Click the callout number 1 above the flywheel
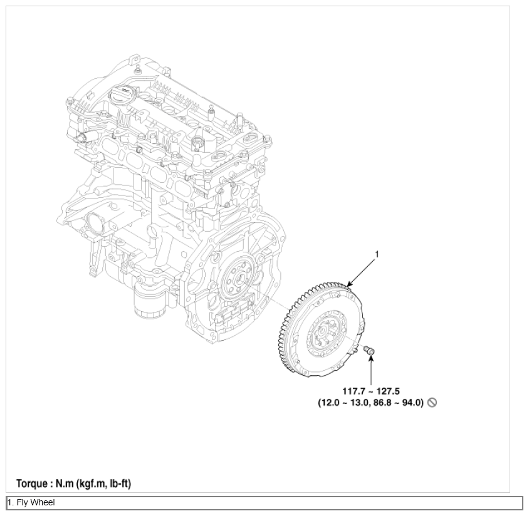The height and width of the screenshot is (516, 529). (x=377, y=254)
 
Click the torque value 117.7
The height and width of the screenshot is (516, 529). (x=354, y=391)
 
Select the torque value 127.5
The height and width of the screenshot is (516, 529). (x=389, y=391)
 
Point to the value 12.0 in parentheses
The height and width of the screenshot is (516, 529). (x=332, y=403)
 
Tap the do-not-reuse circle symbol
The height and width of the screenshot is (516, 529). (x=432, y=403)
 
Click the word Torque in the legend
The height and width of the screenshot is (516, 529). (x=33, y=484)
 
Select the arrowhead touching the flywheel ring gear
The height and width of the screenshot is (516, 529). (x=350, y=284)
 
